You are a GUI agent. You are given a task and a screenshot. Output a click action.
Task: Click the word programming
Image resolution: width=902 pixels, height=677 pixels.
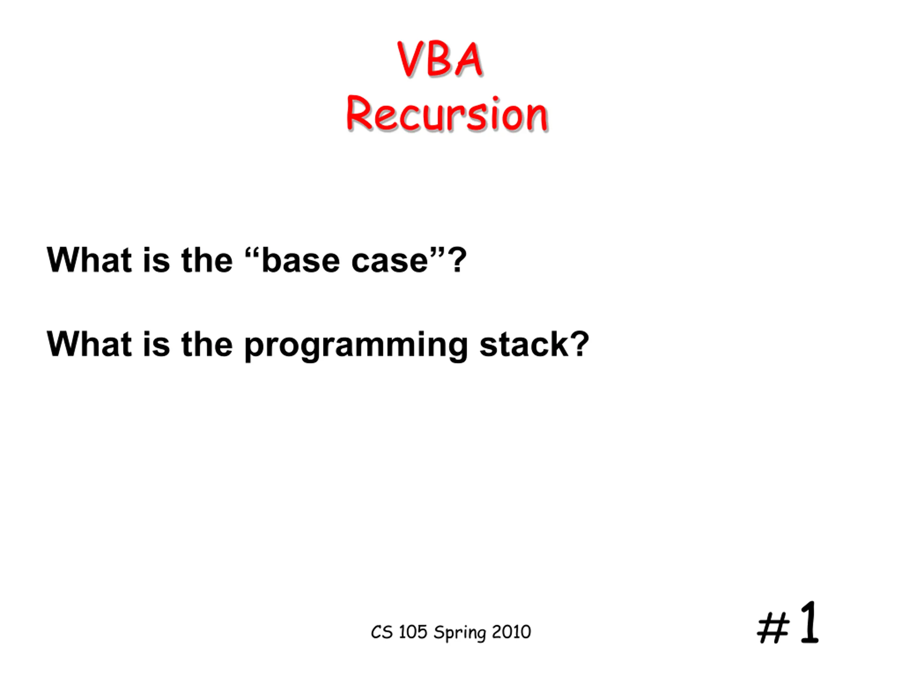[356, 346]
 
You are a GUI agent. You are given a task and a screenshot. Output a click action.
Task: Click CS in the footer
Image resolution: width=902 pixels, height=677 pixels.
[382, 632]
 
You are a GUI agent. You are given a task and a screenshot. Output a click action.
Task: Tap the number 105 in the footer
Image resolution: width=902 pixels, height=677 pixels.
[413, 632]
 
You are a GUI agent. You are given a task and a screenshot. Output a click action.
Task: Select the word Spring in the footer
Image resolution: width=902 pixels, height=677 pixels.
[460, 634]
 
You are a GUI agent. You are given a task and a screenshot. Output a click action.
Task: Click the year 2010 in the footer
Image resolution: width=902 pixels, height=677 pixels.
[511, 632]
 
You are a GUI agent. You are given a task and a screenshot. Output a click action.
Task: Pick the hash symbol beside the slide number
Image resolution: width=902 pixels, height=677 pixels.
[773, 628]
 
